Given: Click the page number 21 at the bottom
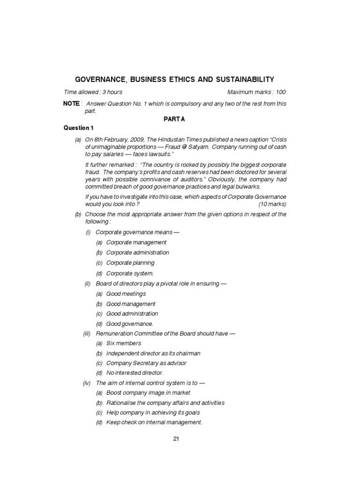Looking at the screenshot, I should [176, 439].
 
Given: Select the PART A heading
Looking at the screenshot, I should [174, 119].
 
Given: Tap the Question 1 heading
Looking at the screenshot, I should [79, 128].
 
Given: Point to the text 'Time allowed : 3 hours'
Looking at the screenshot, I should [93, 92].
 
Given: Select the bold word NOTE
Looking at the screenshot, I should [71, 104].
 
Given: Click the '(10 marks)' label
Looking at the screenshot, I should [272, 205].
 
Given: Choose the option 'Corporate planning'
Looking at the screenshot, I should [130, 263].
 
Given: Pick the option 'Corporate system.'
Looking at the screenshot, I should [130, 273].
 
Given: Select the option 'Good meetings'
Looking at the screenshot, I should [126, 294].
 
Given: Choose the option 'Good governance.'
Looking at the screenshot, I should [129, 324].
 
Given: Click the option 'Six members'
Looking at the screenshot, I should [123, 344].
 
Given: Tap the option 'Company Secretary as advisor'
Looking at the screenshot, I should [146, 363].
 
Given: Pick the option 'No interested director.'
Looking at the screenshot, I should [135, 373].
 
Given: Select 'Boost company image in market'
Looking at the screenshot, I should [148, 393].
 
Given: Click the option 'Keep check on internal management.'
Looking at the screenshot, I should [154, 422].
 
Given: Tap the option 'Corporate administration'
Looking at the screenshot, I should [137, 253].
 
